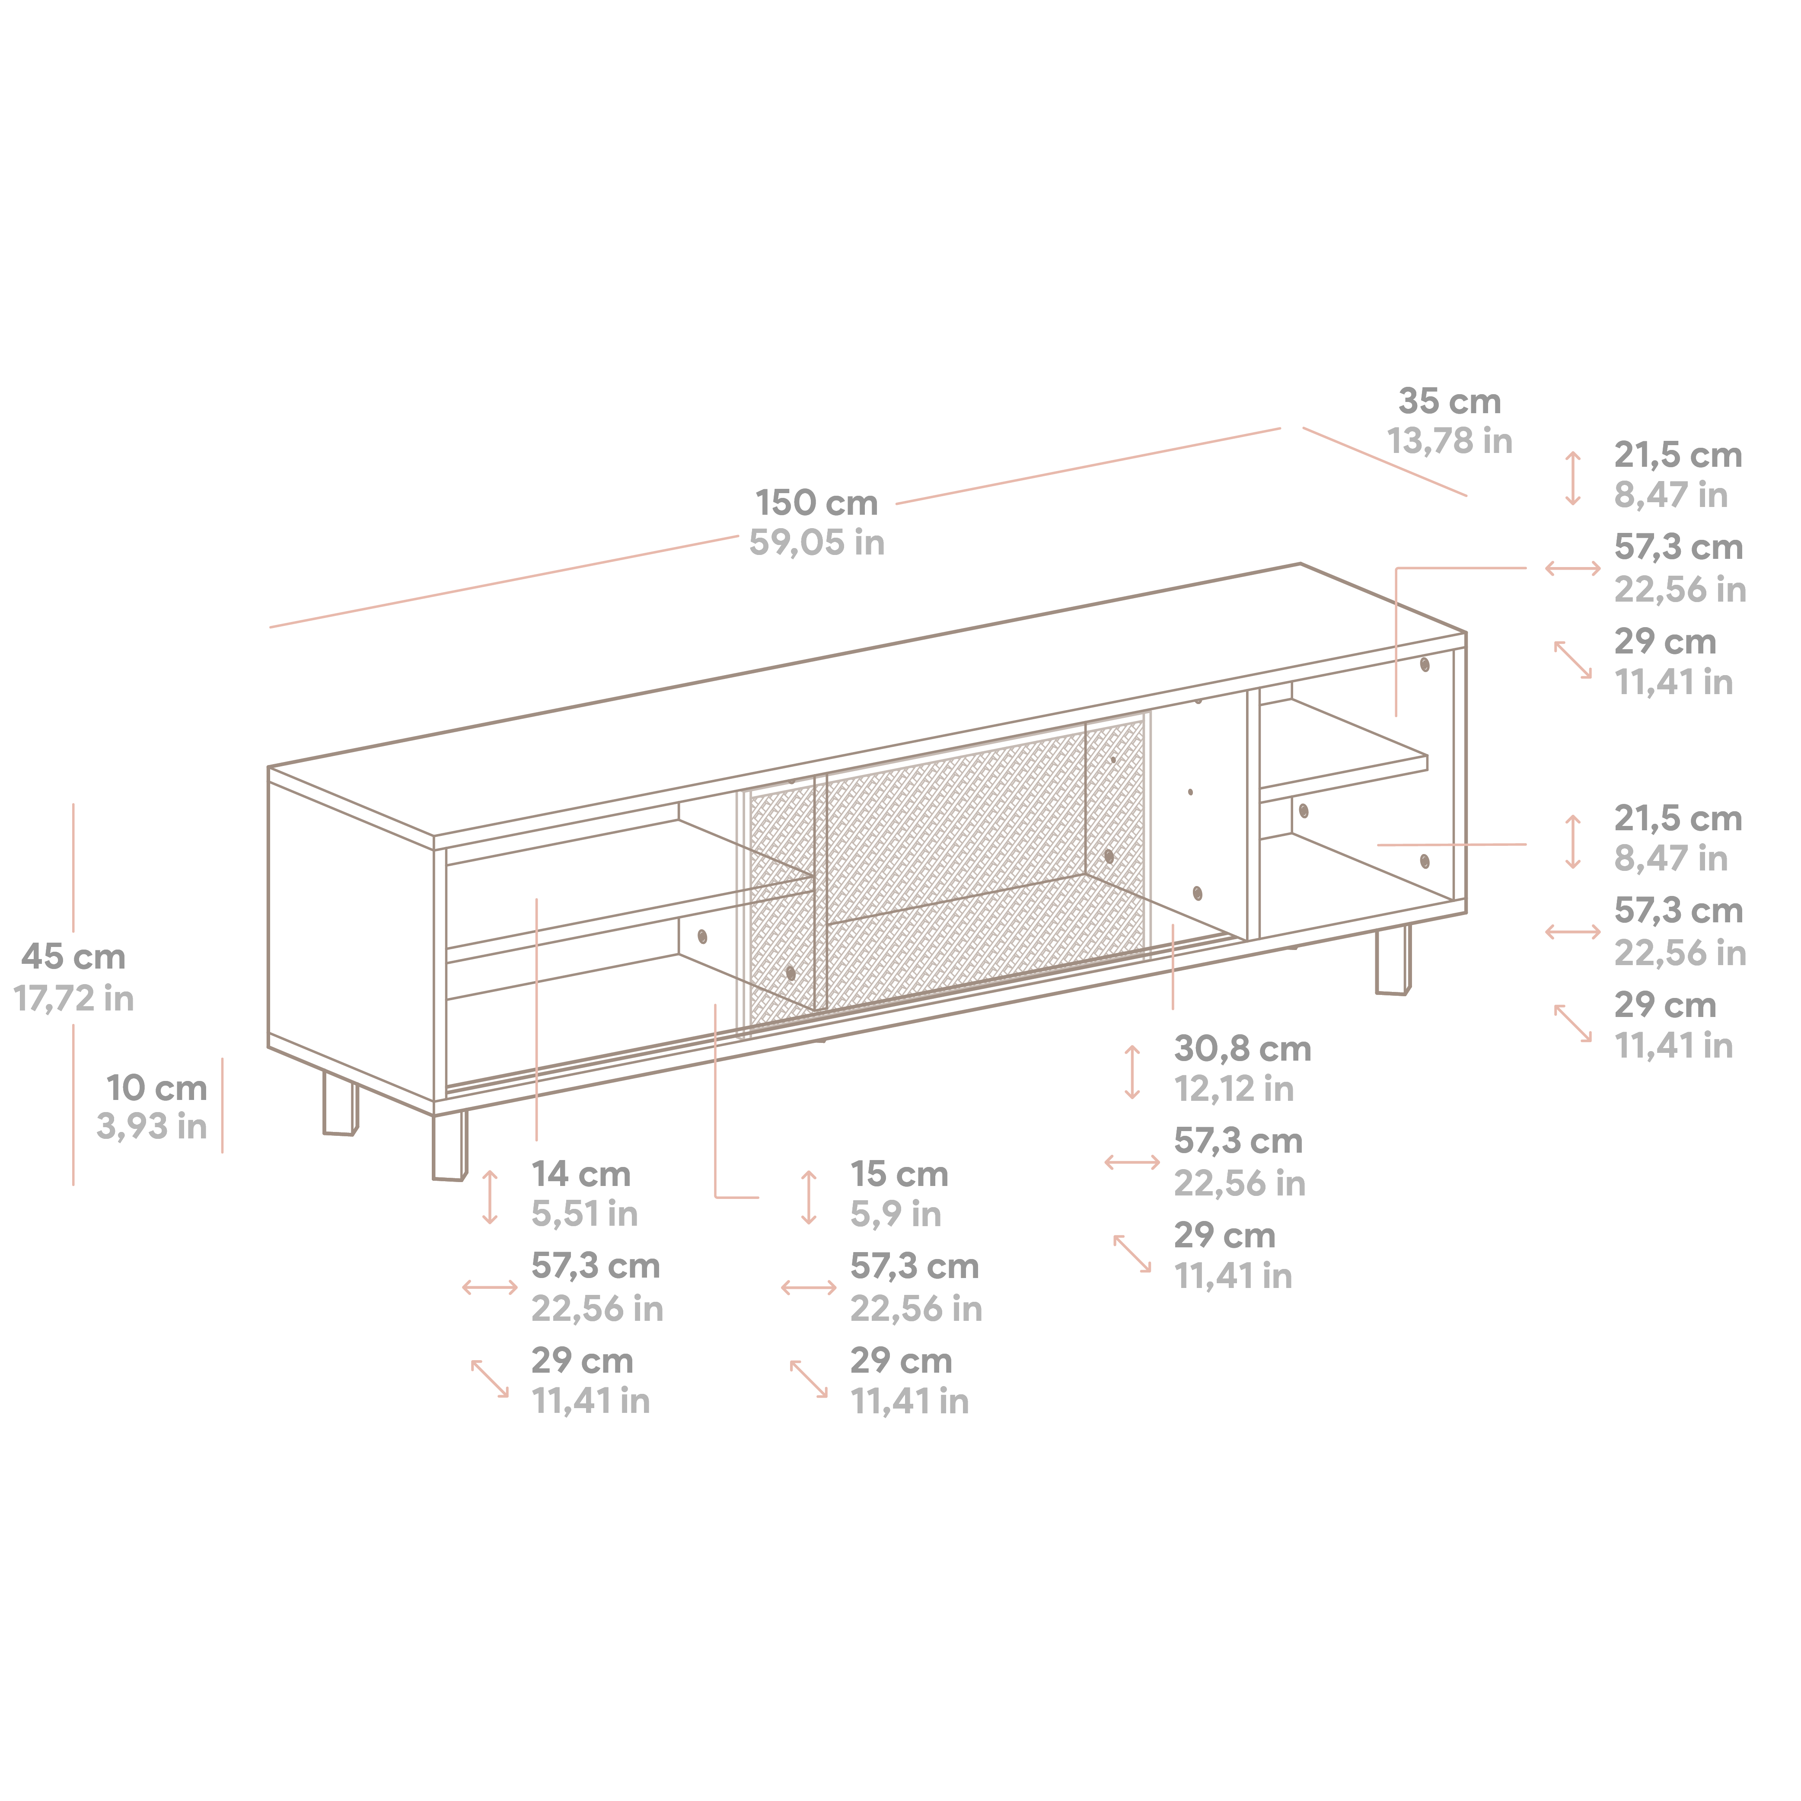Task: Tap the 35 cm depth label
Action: [x=1450, y=402]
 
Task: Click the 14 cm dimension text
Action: [x=581, y=1175]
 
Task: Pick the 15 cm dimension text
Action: [x=899, y=1175]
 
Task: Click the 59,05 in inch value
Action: [x=816, y=542]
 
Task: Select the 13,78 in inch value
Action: [x=1450, y=441]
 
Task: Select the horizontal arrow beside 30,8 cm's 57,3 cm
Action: [x=1132, y=1163]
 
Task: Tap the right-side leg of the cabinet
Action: [x=1393, y=960]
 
